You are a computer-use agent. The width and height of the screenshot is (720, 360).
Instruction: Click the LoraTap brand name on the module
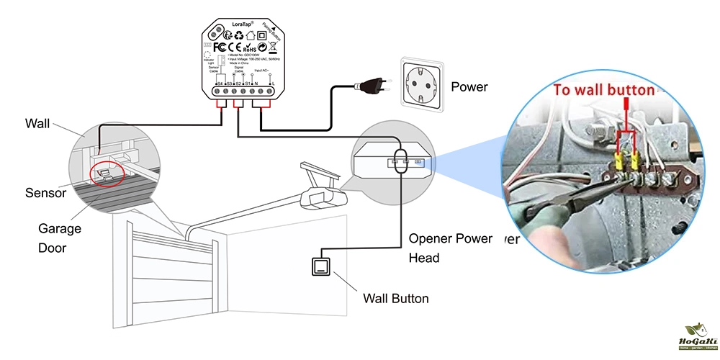238,24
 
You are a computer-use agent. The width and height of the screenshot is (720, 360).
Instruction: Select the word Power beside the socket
469,87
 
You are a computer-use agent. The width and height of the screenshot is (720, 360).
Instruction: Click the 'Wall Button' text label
395,298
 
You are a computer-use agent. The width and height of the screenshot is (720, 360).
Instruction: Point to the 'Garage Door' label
60,238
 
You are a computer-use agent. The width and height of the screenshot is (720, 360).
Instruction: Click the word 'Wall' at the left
37,123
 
